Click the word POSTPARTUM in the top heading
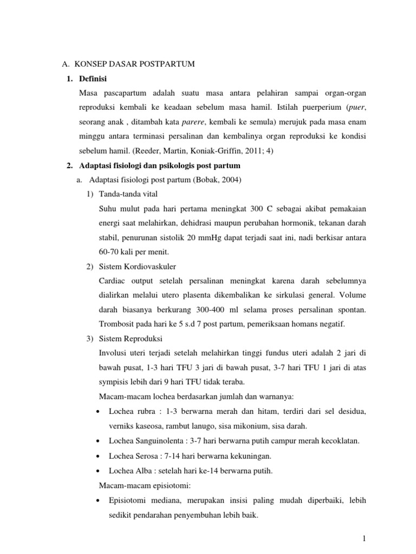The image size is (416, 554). (x=168, y=64)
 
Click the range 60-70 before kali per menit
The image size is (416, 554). (x=110, y=252)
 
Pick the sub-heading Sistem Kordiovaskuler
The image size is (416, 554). (x=138, y=266)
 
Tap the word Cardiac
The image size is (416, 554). (x=113, y=281)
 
